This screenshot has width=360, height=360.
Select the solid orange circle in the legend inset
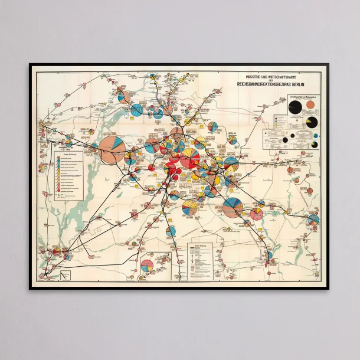tap(311, 107)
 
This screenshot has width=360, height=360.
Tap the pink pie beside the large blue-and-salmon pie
tap(257, 214)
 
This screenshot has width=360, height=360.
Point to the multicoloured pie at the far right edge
tap(313, 220)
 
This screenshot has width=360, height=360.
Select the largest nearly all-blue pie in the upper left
tap(137, 109)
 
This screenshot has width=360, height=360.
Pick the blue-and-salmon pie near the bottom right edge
tap(269, 255)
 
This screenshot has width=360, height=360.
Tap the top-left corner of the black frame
tap(30, 64)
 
